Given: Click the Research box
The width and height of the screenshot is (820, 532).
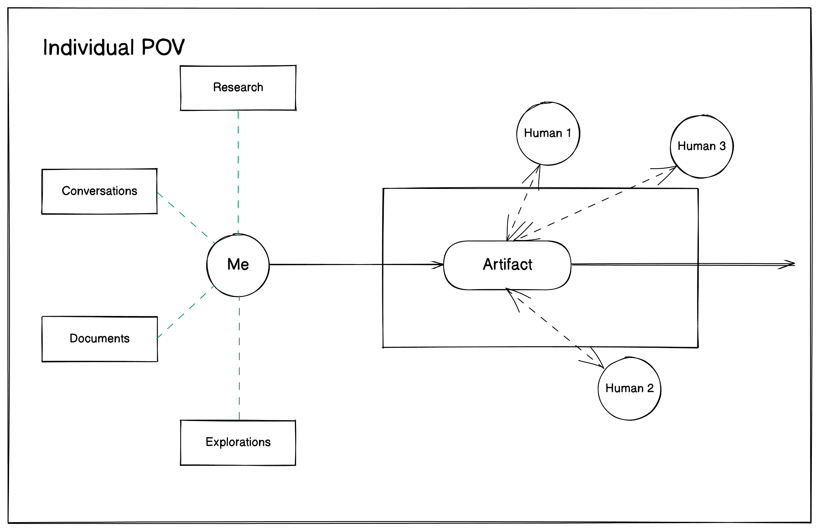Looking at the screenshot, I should point(238,88).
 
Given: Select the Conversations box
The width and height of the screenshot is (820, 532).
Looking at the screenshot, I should point(99,191).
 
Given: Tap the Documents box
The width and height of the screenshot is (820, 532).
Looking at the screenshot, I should point(99,338).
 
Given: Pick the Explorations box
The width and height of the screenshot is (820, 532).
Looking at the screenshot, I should point(238,442).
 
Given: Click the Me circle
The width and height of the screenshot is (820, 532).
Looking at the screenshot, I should point(238,265).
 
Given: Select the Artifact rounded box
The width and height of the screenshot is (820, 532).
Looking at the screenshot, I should point(507,265).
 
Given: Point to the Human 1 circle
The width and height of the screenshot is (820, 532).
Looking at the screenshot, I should point(548,133).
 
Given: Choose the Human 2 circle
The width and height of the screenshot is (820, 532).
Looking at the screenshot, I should point(629,388).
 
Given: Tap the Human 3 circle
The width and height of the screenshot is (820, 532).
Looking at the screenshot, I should point(702,146).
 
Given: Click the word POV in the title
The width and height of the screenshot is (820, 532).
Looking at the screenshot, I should point(163,47).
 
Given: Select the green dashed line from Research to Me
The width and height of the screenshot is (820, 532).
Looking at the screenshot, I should point(238,172).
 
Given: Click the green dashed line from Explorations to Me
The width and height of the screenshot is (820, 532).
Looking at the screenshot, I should point(239,358).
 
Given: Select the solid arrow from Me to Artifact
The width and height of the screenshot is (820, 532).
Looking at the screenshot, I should point(355,264).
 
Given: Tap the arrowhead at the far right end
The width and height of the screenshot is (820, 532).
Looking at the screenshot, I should point(789,264).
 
